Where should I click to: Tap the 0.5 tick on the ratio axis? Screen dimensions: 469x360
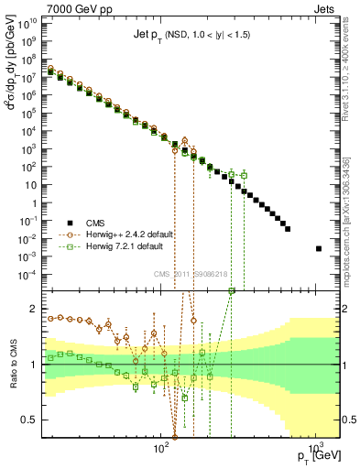coord(33,420)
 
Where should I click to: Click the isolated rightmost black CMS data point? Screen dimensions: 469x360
coord(319,248)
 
